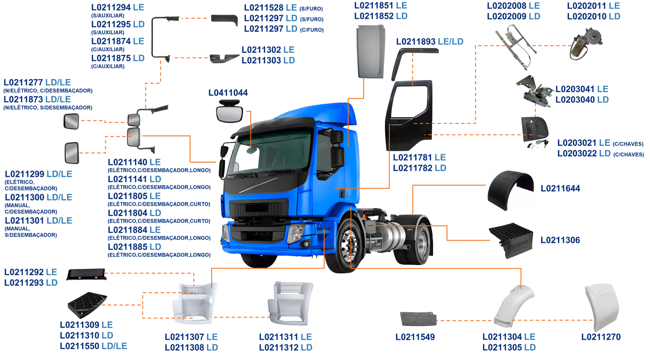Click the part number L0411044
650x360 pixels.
coord(228,93)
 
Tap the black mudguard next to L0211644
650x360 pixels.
coord(510,191)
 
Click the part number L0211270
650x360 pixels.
coord(601,337)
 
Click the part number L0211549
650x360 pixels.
coord(415,337)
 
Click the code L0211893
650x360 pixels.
coord(416,42)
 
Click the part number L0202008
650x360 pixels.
coord(506,6)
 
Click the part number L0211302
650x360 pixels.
coord(261,50)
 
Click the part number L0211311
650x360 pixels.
coord(278,337)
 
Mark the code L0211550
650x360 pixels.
coord(80,346)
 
